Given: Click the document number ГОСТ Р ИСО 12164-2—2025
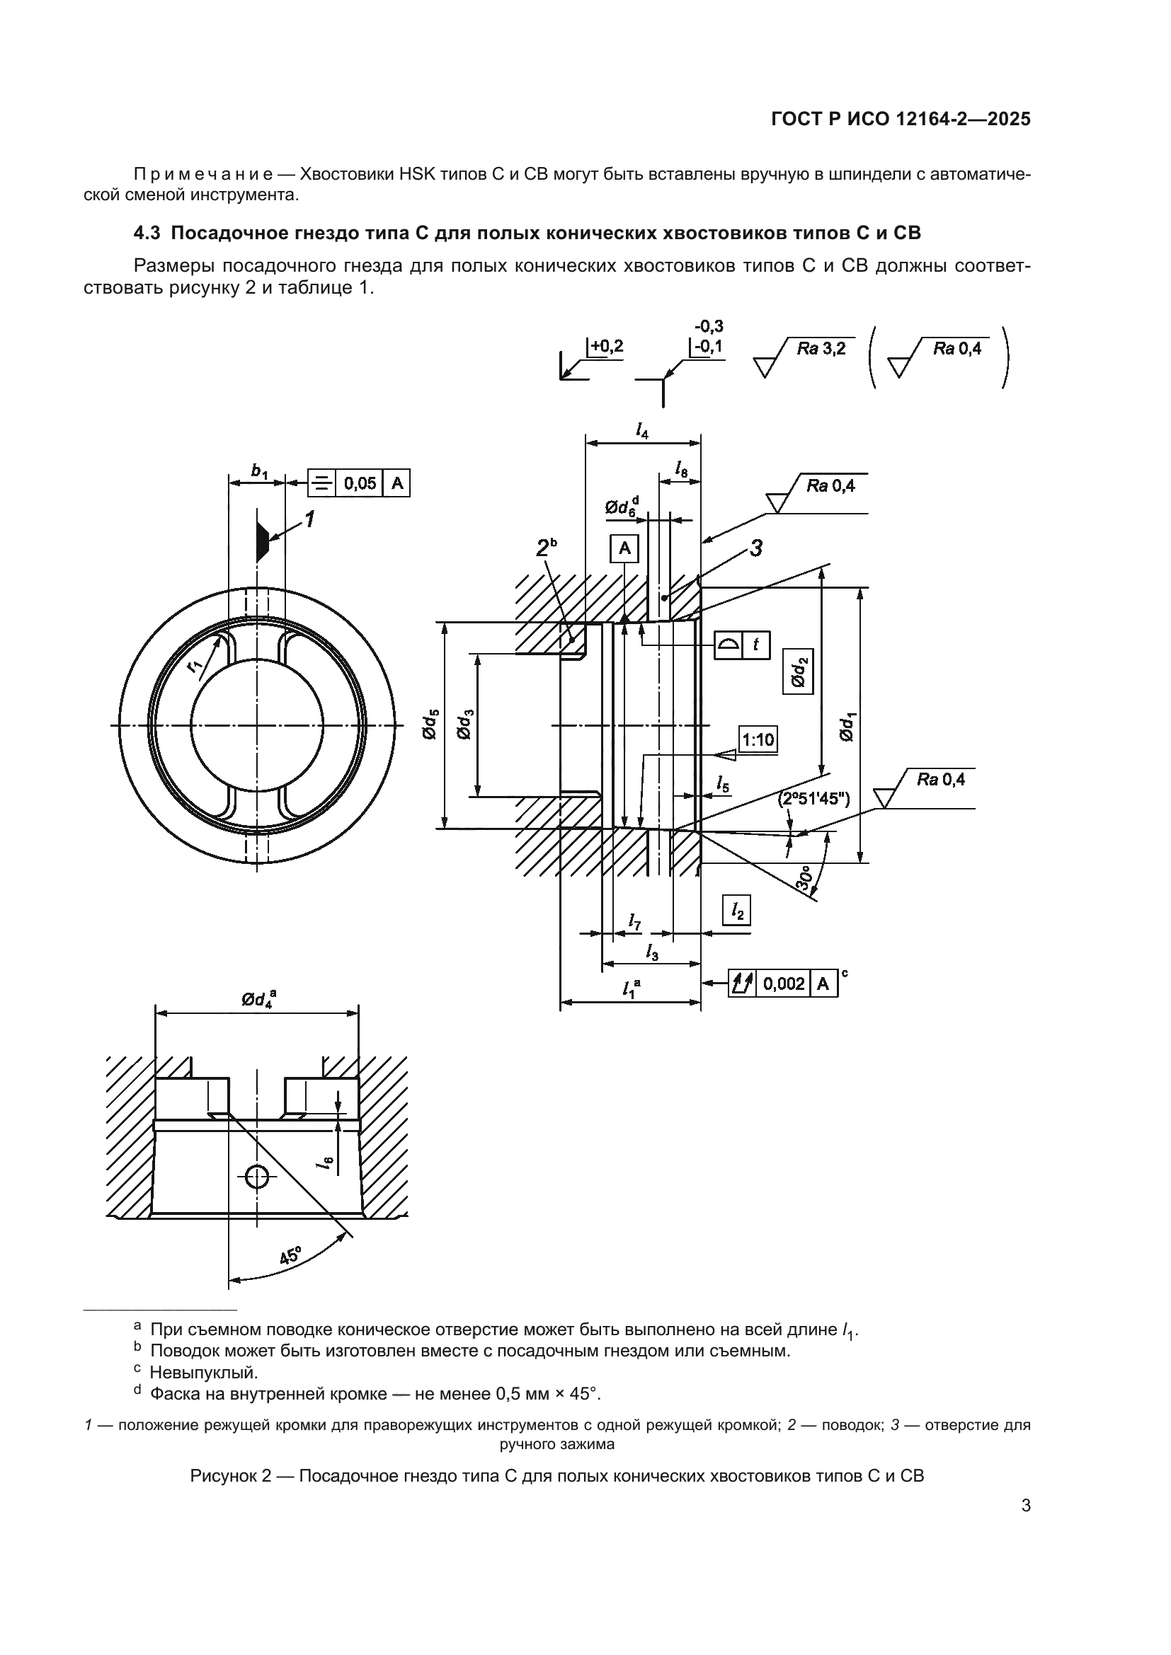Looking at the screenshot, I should (x=901, y=120).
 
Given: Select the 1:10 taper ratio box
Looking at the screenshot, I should (x=758, y=739).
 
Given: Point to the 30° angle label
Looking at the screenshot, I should (x=806, y=879).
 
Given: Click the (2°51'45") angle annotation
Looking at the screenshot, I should (x=814, y=799).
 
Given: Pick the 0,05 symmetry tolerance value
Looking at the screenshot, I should (x=360, y=483).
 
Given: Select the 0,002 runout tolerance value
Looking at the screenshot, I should (x=784, y=984).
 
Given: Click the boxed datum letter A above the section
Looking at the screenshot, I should (x=624, y=549).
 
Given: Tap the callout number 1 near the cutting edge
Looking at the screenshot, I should (x=310, y=518).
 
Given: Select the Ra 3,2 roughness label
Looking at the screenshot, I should (x=821, y=350).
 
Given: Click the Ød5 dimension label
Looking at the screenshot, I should (x=430, y=725).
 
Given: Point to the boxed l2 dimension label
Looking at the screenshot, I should (x=737, y=911).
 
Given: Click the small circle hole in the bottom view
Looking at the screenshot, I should (x=257, y=1178).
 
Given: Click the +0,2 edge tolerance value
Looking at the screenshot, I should (x=607, y=347).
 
